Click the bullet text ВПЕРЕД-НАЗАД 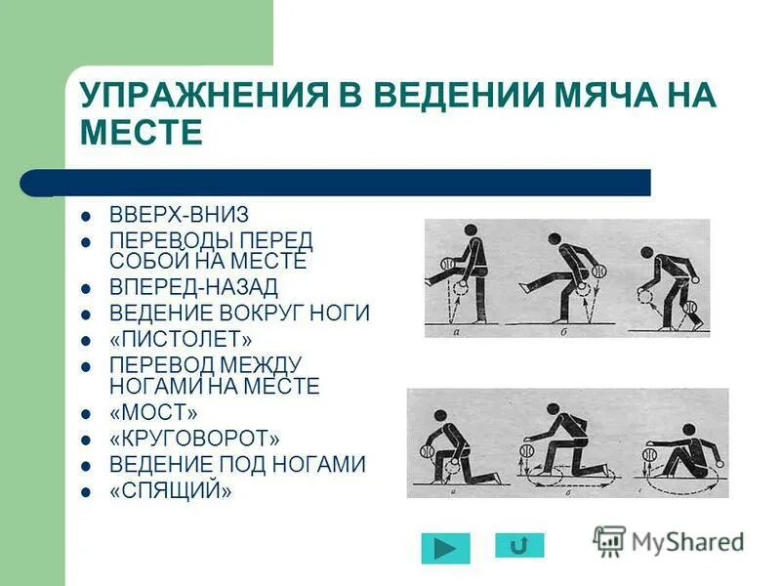[193, 287]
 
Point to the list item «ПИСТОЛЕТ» [181, 339]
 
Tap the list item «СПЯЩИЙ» [171, 491]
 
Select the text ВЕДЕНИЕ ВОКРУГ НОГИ [239, 314]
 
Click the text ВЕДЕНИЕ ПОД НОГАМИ [237, 465]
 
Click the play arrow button [445, 547]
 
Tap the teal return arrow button [519, 545]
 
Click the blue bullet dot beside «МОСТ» [86, 413]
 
